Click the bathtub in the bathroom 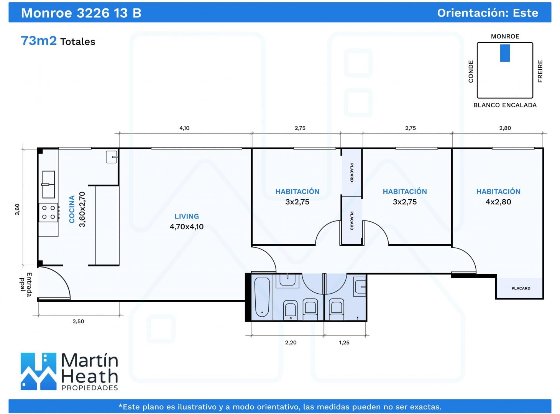click(x=262, y=297)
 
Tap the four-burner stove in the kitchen click(x=48, y=212)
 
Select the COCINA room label click(x=72, y=209)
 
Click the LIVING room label click(x=187, y=216)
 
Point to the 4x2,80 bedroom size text click(x=498, y=202)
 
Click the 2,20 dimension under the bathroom click(x=291, y=343)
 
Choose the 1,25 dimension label click(x=344, y=343)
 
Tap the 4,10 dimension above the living click(x=184, y=128)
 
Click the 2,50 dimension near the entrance click(x=78, y=321)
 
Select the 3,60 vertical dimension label click(x=17, y=209)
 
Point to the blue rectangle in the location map click(x=505, y=53)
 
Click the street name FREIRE click(x=540, y=71)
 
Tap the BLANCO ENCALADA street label click(x=505, y=105)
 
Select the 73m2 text click(x=39, y=41)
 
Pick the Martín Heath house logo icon click(x=38, y=371)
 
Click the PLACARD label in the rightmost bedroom click(x=521, y=288)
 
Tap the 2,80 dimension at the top click(x=505, y=128)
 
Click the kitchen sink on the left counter click(x=48, y=184)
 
